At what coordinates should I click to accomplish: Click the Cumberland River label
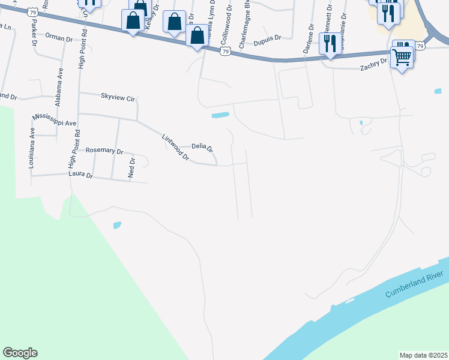pos(413,287)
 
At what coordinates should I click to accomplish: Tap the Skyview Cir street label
pos(118,97)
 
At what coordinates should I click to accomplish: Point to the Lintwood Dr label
pos(176,148)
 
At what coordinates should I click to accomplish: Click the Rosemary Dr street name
pos(104,151)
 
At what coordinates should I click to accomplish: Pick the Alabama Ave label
pos(59,87)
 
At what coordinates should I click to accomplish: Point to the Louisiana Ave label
pos(32,147)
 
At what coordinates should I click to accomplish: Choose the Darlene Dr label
pos(307,40)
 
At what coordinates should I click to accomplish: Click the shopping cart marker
pos(402,58)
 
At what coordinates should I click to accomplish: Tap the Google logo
pos(20,353)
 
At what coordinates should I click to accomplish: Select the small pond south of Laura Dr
pos(117,226)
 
